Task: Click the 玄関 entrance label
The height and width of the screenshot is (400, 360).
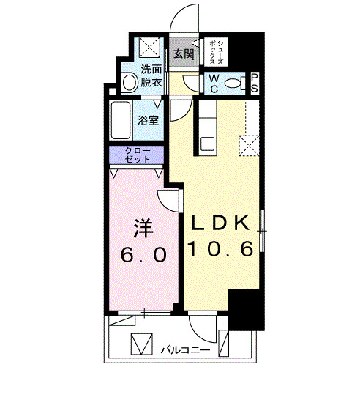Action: [184, 53]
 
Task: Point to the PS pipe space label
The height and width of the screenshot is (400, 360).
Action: [255, 82]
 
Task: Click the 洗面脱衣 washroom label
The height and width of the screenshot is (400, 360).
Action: [152, 77]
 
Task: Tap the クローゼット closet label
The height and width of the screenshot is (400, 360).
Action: [138, 155]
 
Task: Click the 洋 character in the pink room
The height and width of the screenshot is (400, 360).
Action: [143, 228]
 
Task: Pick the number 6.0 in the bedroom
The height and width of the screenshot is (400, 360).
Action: [143, 255]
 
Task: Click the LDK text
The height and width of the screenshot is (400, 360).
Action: [221, 222]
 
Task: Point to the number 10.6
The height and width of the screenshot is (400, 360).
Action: [221, 250]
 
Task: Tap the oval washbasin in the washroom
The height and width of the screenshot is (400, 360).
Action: [130, 83]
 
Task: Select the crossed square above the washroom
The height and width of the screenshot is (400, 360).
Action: [151, 48]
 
